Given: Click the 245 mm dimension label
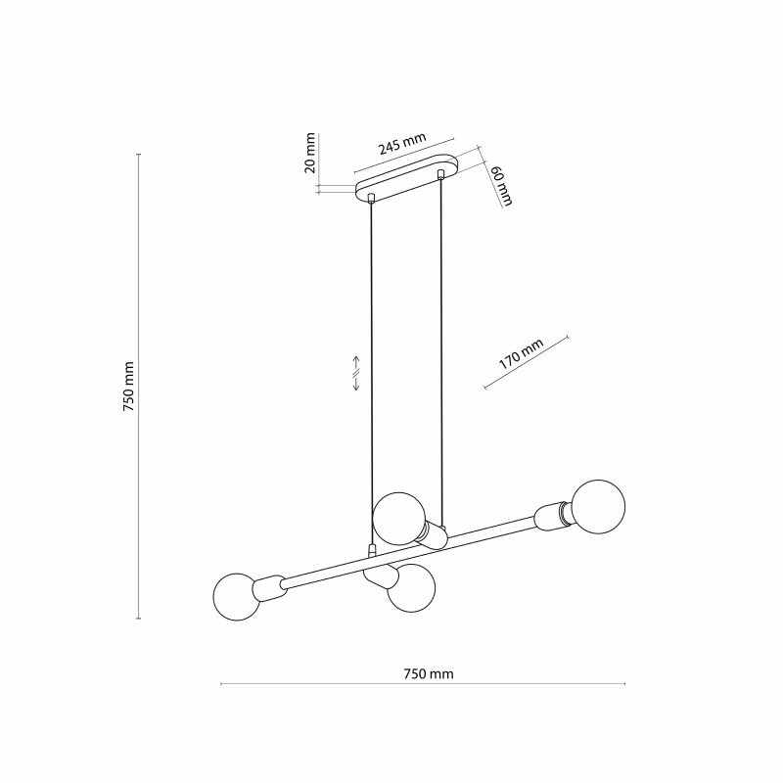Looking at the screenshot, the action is coord(402,144).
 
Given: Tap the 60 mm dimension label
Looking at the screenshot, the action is coord(502,185).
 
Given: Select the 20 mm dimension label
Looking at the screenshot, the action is coord(310,153).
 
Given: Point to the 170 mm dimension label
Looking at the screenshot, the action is coord(521,354).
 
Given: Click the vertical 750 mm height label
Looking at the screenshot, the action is coord(128,387).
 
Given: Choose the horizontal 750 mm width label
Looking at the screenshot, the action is coord(429,674).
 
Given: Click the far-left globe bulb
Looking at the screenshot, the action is coord(237,597).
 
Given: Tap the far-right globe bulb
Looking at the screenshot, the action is coord(598,507).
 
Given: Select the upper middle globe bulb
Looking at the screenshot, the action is coord(399,519).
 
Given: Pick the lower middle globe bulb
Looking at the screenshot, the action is coord(411,589).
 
